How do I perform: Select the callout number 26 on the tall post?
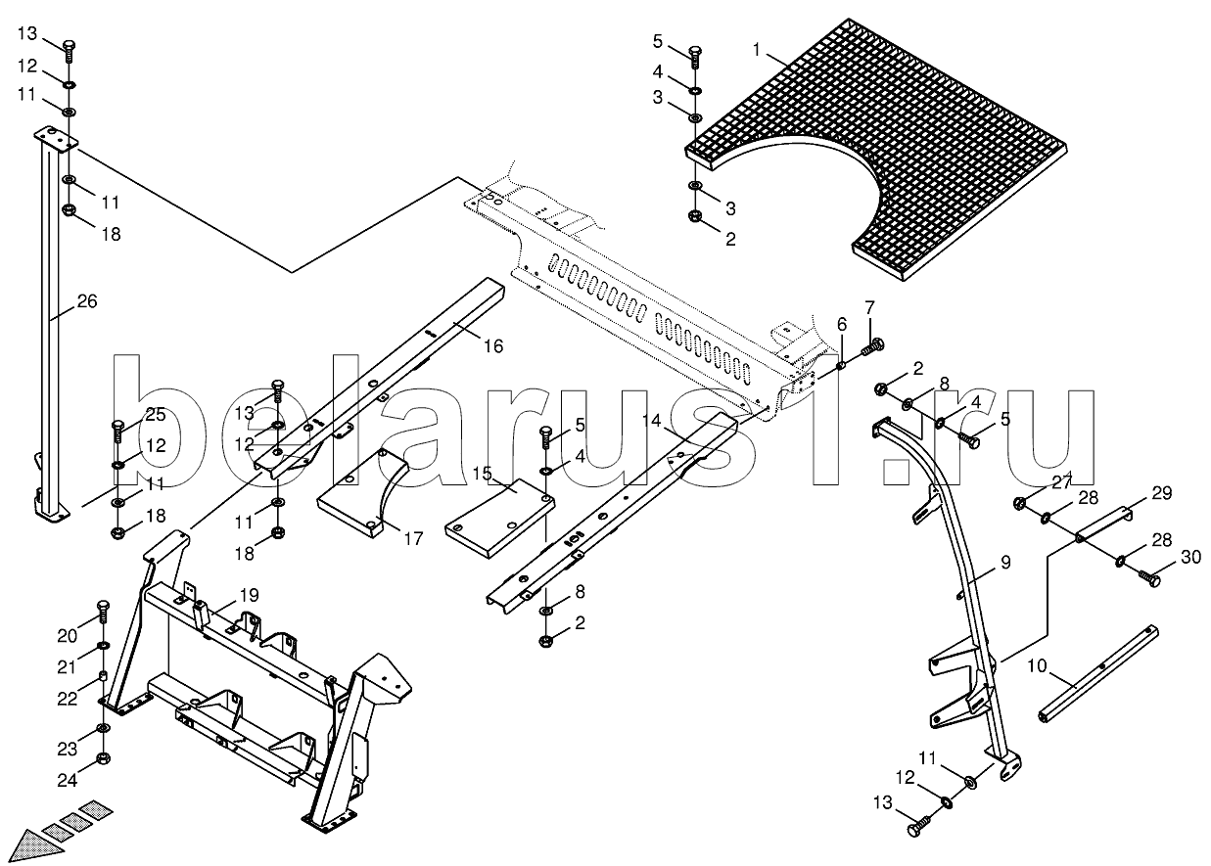(x=86, y=301)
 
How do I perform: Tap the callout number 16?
(x=492, y=345)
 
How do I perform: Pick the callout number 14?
(x=652, y=422)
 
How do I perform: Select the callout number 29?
(x=1161, y=494)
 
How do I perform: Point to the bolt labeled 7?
(x=871, y=344)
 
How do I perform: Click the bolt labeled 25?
(x=118, y=427)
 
